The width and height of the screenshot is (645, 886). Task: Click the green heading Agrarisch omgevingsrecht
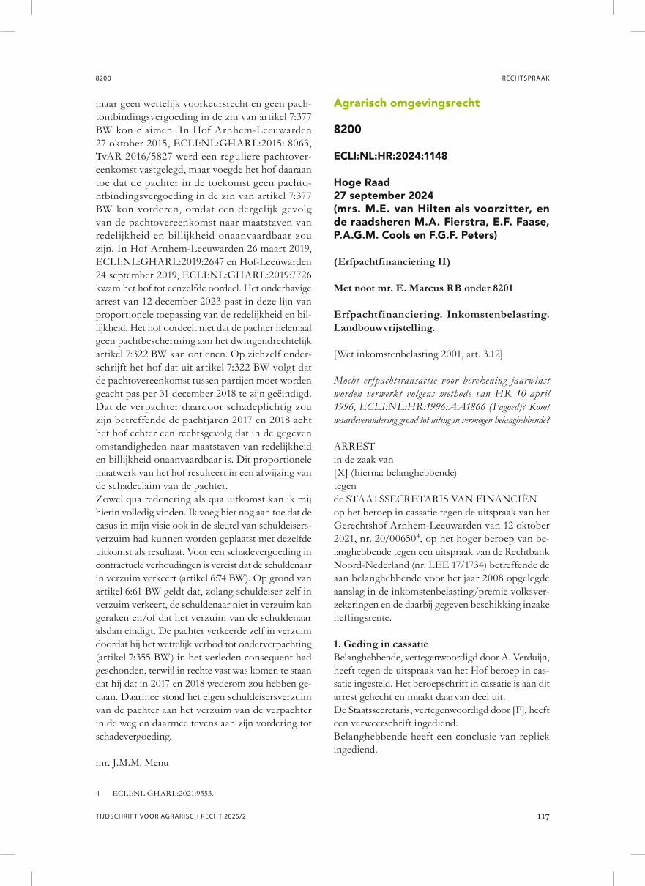tap(406, 103)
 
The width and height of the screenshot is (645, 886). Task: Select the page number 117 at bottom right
tap(543, 817)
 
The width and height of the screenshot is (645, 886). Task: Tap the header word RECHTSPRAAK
tap(526, 78)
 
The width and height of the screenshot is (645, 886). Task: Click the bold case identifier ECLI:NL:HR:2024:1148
tap(390, 156)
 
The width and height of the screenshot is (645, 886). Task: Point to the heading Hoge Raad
tap(362, 182)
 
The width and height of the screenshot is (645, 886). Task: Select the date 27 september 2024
tap(383, 196)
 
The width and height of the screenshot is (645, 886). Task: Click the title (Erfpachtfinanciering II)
tap(391, 261)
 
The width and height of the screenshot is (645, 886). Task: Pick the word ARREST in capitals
tap(354, 446)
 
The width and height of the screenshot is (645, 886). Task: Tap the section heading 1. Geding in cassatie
tap(380, 644)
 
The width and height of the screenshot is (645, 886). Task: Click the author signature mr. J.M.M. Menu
tap(132, 762)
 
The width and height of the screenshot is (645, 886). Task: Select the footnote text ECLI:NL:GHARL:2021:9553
tap(163, 793)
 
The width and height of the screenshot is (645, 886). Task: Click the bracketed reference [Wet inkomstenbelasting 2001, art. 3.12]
tap(418, 354)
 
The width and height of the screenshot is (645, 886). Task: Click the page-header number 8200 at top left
tap(103, 78)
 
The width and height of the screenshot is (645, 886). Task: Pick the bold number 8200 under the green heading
tap(347, 130)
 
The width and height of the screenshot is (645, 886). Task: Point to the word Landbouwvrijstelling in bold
tap(383, 328)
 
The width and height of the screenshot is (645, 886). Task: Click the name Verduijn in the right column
tap(526, 657)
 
